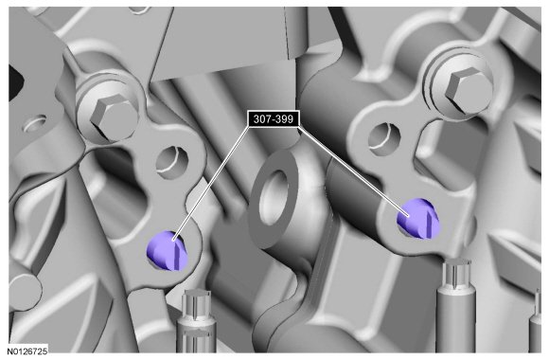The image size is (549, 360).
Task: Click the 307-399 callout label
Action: tap(274, 119)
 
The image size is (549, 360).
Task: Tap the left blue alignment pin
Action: tap(167, 251)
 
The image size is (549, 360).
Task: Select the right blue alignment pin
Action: tap(417, 219)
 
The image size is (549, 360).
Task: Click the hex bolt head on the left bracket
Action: tap(113, 117)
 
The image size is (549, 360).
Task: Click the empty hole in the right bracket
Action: tap(384, 138)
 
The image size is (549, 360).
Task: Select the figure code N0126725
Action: tap(27, 351)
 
